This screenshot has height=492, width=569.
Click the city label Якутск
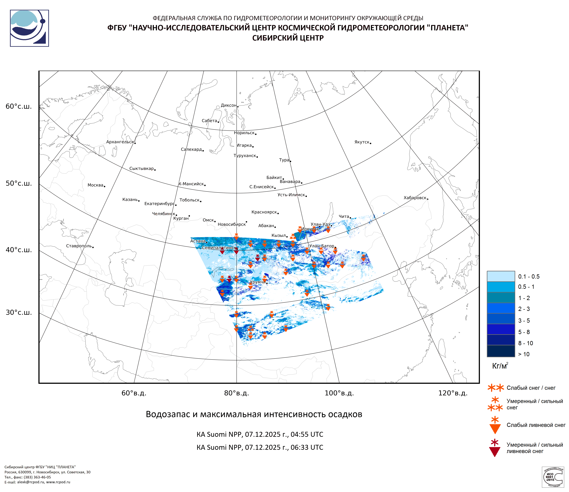tap(362, 142)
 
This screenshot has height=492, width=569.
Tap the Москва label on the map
tap(95, 185)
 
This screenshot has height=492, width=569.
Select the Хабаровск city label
tap(415, 198)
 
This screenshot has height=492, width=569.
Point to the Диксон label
tap(228, 105)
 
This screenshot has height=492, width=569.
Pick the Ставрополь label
tap(79, 246)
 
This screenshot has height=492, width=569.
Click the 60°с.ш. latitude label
tap(19, 106)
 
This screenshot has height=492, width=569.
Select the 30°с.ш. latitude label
tap(19, 312)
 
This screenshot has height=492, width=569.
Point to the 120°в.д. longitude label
tap(453, 393)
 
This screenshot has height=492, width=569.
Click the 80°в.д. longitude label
tap(236, 393)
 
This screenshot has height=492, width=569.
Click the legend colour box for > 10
tap(501, 351)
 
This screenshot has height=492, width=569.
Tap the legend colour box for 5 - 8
tap(501, 329)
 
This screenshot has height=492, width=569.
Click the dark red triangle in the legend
tap(495, 451)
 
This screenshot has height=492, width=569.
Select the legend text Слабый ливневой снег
tap(536, 425)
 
